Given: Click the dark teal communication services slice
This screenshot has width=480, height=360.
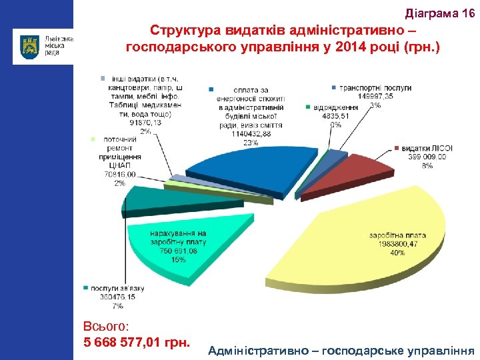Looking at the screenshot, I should [147, 200].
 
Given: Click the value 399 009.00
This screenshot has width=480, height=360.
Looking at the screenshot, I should [427, 157].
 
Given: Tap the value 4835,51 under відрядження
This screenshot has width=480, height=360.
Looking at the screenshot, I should [334, 115].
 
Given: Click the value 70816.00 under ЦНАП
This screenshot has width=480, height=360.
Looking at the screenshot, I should [119, 174].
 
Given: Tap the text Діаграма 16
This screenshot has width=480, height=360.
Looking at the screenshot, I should [440, 14].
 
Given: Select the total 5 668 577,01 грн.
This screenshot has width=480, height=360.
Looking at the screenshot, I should [137, 343].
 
